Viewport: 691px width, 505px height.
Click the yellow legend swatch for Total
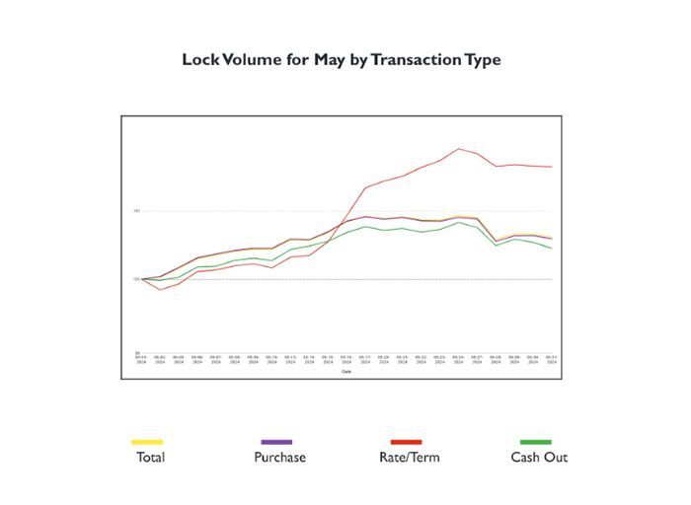pyautogui.click(x=147, y=442)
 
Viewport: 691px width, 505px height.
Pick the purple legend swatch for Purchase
pyautogui.click(x=276, y=442)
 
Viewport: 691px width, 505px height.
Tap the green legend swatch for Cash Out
pyautogui.click(x=536, y=442)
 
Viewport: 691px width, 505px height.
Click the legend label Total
pyautogui.click(x=150, y=458)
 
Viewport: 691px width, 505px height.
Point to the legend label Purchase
pyautogui.click(x=279, y=458)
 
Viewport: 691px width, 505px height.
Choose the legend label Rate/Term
pyautogui.click(x=409, y=458)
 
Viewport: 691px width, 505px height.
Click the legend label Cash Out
pyautogui.click(x=539, y=458)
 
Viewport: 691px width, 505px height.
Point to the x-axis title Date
pyautogui.click(x=345, y=372)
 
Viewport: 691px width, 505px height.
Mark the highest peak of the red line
pyautogui.click(x=459, y=149)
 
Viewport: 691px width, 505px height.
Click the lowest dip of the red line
pyautogui.click(x=161, y=290)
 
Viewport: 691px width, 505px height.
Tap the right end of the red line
pyautogui.click(x=552, y=168)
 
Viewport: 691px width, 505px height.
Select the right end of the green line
pyautogui.click(x=552, y=249)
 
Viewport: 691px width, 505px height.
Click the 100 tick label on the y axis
pyautogui.click(x=137, y=279)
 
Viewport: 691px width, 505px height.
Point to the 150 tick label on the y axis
pyautogui.click(x=137, y=211)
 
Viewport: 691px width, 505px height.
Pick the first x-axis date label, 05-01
pyautogui.click(x=141, y=359)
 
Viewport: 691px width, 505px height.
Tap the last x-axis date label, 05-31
pyautogui.click(x=552, y=359)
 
